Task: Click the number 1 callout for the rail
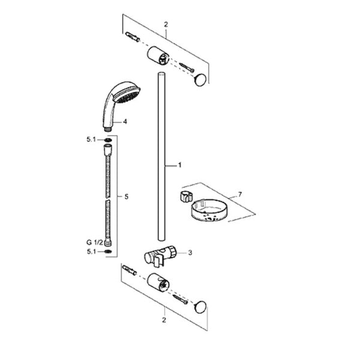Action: [x=180, y=165]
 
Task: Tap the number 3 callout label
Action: [x=190, y=253]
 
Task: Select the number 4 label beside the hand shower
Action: [x=125, y=122]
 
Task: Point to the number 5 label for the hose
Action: [x=126, y=197]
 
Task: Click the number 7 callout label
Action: [x=240, y=194]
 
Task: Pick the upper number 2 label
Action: [x=166, y=25]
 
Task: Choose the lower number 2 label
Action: [x=164, y=320]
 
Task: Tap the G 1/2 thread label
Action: [x=95, y=242]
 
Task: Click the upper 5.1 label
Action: [x=91, y=139]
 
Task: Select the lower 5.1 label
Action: [x=91, y=251]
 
